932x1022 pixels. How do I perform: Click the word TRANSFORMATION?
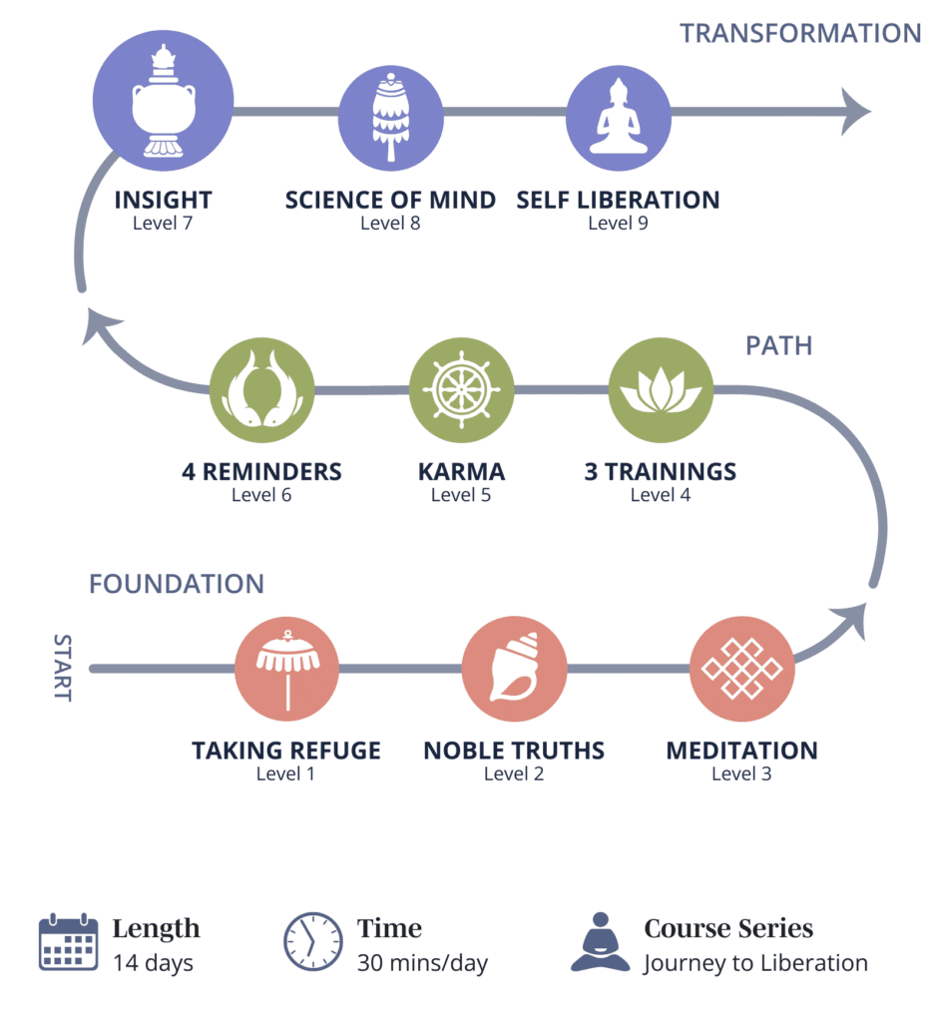coord(800,33)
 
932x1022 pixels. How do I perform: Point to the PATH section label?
coord(778,345)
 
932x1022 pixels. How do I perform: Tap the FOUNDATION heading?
coord(177,584)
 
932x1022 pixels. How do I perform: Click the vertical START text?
coord(62,668)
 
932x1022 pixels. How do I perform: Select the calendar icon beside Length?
coord(68,941)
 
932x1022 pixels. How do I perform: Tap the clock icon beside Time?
coord(312,941)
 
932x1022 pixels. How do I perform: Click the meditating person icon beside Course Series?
coord(600,941)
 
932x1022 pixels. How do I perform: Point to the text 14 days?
coord(153,963)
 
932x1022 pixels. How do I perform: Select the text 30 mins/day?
coord(422,963)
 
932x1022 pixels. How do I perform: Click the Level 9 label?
coord(618,223)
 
